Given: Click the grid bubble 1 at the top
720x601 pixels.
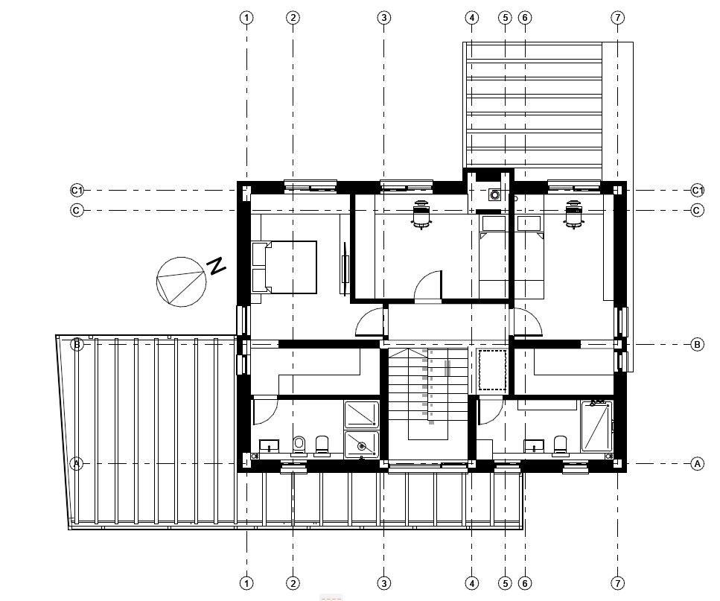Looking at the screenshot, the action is (246, 18).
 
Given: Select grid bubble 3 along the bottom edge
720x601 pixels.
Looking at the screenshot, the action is (384, 584).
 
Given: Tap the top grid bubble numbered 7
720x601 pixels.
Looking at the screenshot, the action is (617, 18).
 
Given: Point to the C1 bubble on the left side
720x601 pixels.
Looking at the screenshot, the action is (77, 190).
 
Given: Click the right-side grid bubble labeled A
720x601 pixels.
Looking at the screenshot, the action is (697, 464).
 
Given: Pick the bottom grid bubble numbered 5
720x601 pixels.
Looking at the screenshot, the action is (505, 584).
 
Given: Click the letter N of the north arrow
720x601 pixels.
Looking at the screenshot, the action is (217, 266).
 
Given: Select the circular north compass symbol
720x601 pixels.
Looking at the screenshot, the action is (181, 282).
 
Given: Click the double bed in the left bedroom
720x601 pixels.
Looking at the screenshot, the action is (284, 267).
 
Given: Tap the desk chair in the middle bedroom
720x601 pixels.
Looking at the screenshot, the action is (421, 214).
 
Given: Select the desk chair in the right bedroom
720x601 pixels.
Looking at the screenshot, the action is (573, 214).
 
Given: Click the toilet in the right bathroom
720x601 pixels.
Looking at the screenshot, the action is (560, 445).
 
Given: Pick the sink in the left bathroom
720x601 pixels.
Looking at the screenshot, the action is (269, 445).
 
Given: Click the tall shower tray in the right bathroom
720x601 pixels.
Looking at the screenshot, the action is (596, 426).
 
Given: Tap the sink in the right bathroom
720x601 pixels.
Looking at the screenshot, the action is (534, 446).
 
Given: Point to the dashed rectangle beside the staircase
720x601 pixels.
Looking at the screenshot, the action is (492, 370).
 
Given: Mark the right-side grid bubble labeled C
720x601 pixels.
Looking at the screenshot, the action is (697, 210).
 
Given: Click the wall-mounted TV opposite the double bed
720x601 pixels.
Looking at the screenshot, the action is (345, 269).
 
